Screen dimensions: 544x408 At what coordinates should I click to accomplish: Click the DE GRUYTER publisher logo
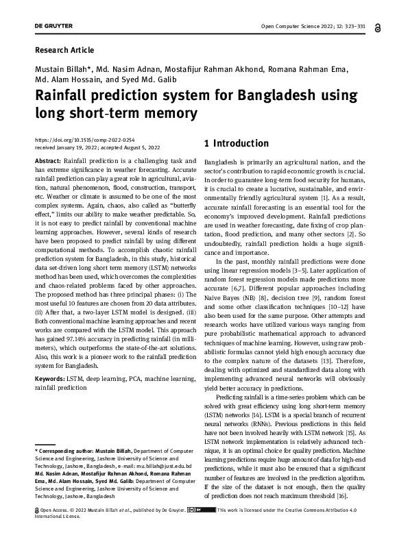click(x=53, y=27)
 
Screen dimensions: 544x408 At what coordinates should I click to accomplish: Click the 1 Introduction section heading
click(x=237, y=144)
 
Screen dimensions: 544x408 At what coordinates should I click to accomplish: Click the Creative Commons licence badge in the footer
click(x=204, y=510)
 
